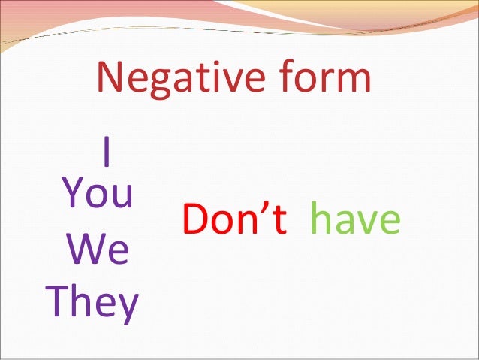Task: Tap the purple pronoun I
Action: click(x=107, y=153)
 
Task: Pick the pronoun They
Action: click(x=93, y=304)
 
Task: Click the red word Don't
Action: click(x=234, y=219)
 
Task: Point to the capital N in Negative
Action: click(x=110, y=78)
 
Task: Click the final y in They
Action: click(x=128, y=308)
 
